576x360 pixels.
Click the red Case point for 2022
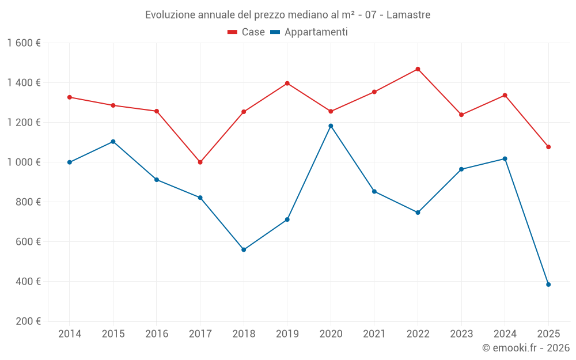pos(418,69)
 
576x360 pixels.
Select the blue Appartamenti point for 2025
pos(548,285)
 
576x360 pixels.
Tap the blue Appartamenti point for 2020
pos(331,126)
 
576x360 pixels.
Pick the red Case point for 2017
pos(200,162)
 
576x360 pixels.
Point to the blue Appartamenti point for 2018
pos(244,250)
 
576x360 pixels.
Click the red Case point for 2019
pos(287,84)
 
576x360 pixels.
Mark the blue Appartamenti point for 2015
pos(113,142)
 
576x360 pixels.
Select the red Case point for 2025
pos(548,147)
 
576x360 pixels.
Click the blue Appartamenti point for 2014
pos(70,162)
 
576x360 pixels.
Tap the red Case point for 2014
pos(70,97)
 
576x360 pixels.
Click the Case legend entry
pos(247,32)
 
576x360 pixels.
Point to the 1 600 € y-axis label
pos(24,43)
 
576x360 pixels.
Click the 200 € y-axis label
pos(28,321)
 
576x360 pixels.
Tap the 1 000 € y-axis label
pos(24,162)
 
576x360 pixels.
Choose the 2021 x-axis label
pos(374,334)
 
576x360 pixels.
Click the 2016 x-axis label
pos(157,334)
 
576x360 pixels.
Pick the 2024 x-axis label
pos(505,334)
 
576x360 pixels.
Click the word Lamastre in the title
pos(408,15)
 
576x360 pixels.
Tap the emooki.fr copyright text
pos(526,348)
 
